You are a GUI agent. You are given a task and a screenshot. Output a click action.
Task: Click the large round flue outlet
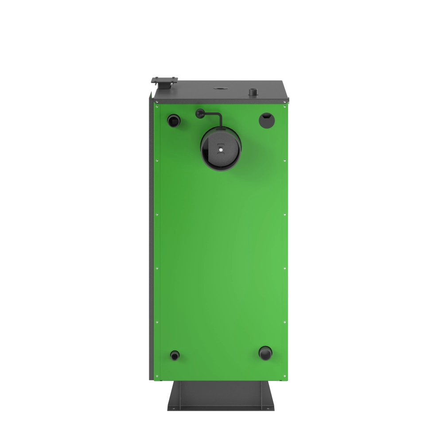click(x=221, y=148)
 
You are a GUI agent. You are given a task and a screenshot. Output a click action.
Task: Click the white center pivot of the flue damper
click(x=220, y=149)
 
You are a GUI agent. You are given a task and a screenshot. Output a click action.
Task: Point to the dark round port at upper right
click(x=266, y=120)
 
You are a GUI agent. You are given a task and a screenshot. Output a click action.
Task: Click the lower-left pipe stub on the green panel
click(x=175, y=355)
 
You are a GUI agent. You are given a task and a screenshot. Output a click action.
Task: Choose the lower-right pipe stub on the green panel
click(x=265, y=353)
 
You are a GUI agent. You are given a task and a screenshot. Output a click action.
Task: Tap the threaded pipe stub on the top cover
click(x=253, y=93)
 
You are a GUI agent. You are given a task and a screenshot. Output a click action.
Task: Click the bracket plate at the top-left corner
click(x=164, y=81)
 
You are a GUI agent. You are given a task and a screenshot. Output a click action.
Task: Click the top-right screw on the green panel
click(x=284, y=106)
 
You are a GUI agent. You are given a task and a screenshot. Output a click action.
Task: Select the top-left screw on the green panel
click(x=157, y=106)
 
